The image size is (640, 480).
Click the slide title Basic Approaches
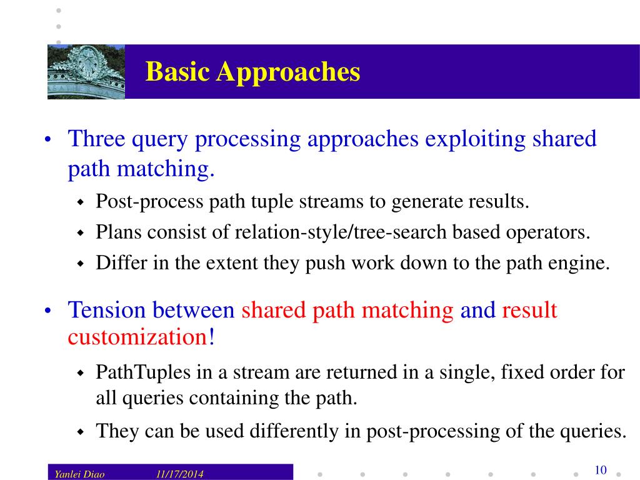pos(252,72)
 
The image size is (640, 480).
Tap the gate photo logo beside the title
pos(86,71)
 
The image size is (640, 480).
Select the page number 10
pos(601,471)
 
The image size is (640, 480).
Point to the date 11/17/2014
pos(180,474)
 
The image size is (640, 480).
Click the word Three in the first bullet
pos(96,139)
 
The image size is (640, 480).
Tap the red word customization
pos(137,337)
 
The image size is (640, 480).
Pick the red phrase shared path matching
pos(347,310)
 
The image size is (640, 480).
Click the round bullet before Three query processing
pos(48,140)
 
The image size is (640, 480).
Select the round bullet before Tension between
pos(48,311)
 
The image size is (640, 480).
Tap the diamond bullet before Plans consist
pos(80,233)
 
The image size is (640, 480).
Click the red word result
pos(529,310)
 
